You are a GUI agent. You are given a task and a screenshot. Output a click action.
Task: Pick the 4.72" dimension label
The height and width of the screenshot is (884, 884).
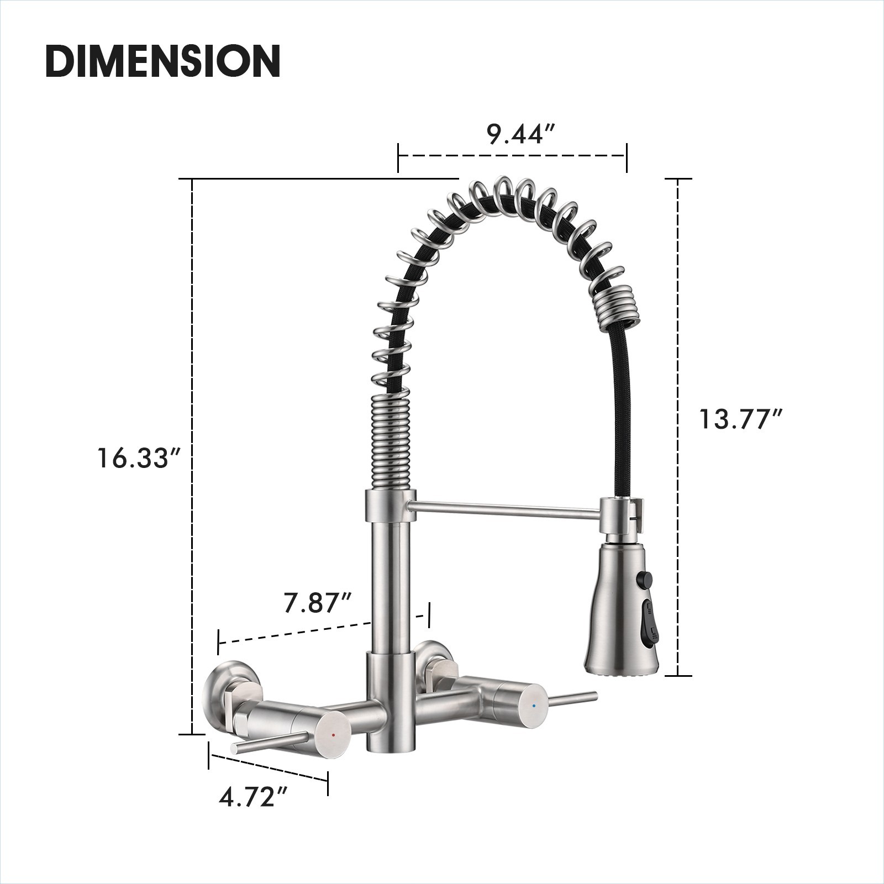click(x=254, y=797)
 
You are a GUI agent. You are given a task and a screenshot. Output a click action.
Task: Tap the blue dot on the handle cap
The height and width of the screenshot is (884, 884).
click(x=533, y=706)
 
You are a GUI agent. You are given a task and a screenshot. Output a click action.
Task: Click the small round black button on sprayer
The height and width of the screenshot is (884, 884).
click(x=644, y=580)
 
